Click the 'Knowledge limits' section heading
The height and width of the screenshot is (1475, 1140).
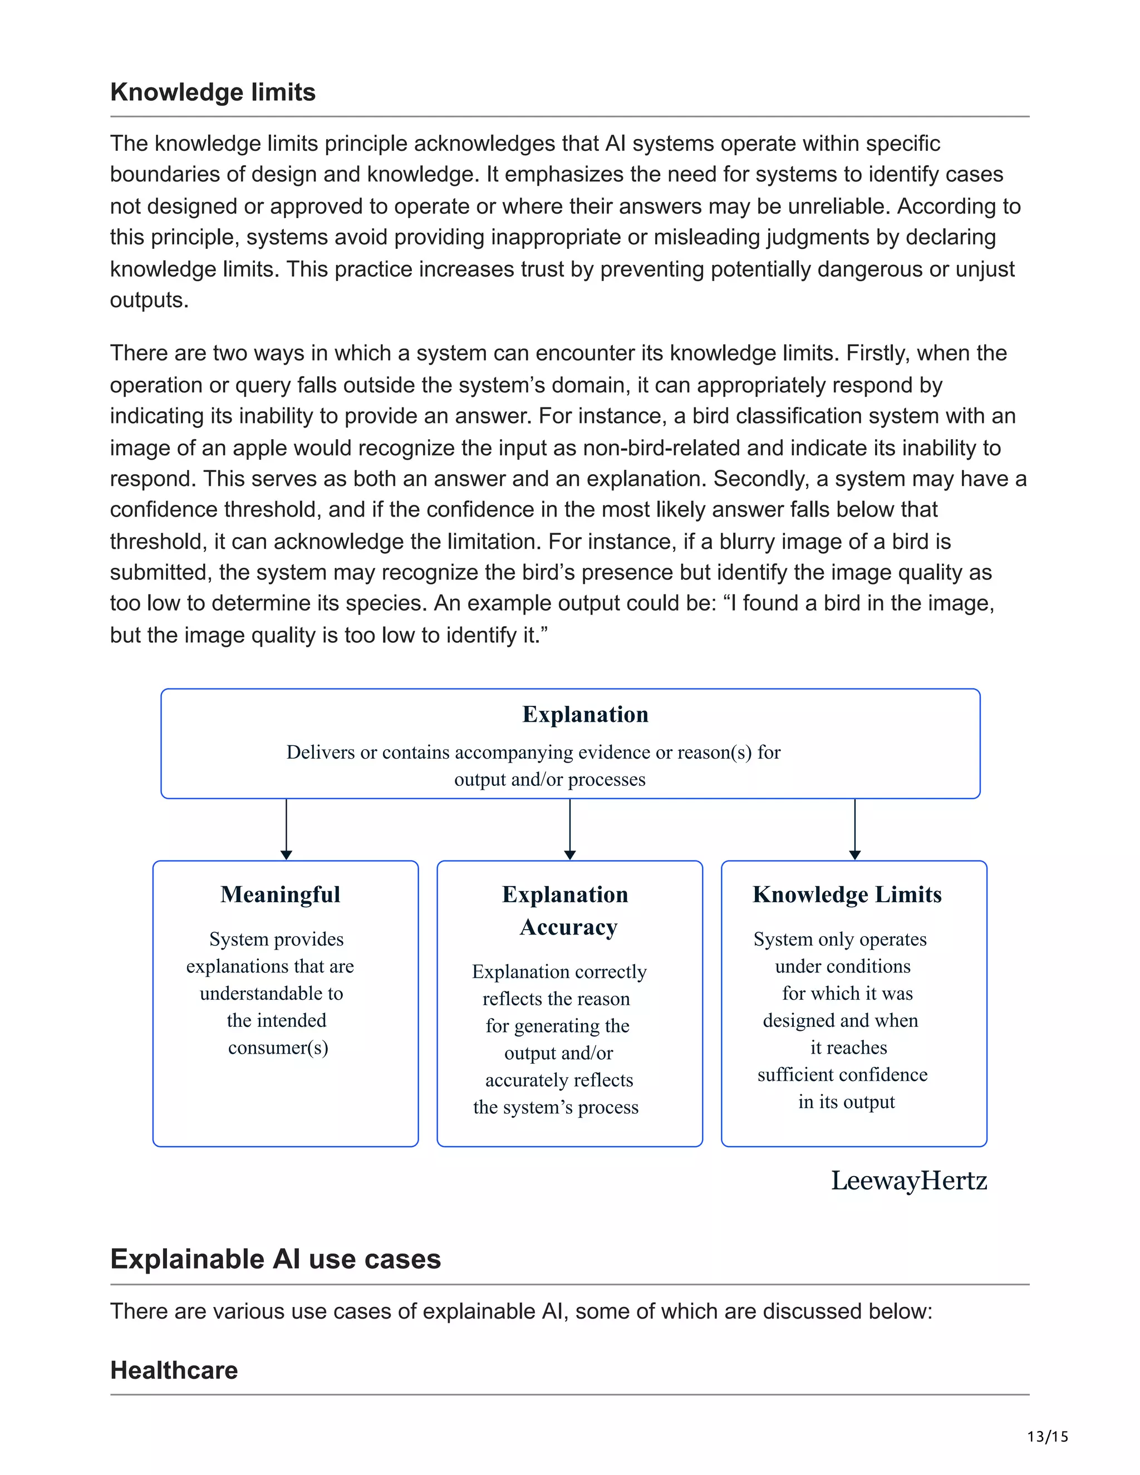pyautogui.click(x=213, y=92)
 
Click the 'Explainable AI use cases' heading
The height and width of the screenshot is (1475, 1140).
pyautogui.click(x=276, y=1259)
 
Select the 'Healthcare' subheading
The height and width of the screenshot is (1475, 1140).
pyautogui.click(x=174, y=1370)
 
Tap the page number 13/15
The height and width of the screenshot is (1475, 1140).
pyautogui.click(x=1048, y=1437)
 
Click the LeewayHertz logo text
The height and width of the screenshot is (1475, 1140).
pyautogui.click(x=908, y=1181)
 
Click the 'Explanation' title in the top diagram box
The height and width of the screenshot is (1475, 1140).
pyautogui.click(x=585, y=715)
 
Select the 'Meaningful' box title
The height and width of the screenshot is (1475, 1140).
pyautogui.click(x=281, y=894)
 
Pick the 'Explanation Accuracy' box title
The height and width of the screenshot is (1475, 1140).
pyautogui.click(x=566, y=911)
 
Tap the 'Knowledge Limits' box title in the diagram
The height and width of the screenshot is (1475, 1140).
pyautogui.click(x=847, y=894)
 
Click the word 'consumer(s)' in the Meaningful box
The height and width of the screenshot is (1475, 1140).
pyautogui.click(x=278, y=1048)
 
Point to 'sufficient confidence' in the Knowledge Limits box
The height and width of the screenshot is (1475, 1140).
pyautogui.click(x=842, y=1074)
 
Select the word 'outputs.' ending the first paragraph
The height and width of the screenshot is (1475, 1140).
pyautogui.click(x=149, y=300)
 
